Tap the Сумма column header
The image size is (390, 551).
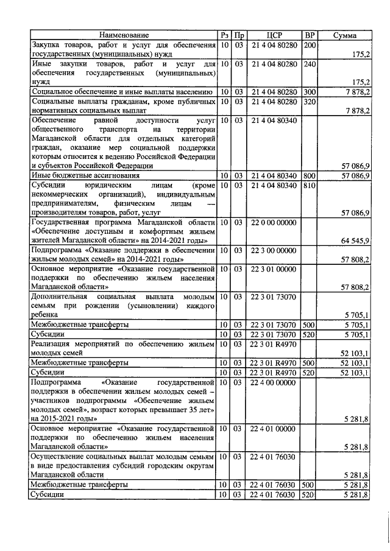pyautogui.click(x=344, y=35)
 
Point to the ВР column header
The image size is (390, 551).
pyautogui.click(x=310, y=35)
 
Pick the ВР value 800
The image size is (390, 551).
pyautogui.click(x=310, y=176)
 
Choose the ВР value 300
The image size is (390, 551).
pyautogui.click(x=310, y=92)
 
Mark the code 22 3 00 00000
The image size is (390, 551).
pyautogui.click(x=274, y=250)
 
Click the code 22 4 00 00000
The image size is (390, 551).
pyautogui.click(x=274, y=382)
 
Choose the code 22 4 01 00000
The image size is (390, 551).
pyautogui.click(x=274, y=429)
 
